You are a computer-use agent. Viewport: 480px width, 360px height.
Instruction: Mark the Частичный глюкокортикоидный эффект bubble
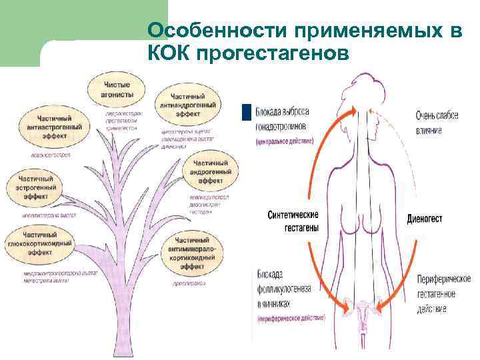(45, 244)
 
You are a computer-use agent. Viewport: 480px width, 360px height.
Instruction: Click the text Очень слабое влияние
(437, 123)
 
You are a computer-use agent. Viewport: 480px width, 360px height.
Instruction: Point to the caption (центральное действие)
(288, 143)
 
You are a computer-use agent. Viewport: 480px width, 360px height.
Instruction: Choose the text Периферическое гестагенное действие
(443, 294)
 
